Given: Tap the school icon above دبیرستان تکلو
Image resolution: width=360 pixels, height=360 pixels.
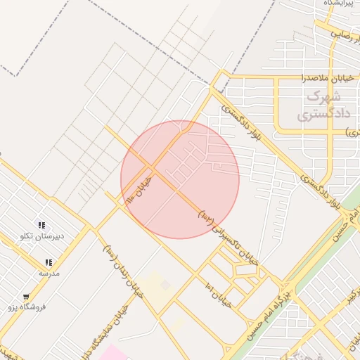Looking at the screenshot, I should [41, 225].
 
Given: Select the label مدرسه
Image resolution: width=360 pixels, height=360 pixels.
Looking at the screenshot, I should [49, 273].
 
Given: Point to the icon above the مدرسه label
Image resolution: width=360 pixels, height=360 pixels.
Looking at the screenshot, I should [49, 262].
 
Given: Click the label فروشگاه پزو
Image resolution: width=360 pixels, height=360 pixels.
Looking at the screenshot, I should [27, 307].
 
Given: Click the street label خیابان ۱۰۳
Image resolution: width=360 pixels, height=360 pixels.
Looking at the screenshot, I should [140, 190].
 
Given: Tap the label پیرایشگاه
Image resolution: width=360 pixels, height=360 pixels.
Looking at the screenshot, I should [338, 4].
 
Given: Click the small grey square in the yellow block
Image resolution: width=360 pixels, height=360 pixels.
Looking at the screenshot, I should [165, 285].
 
